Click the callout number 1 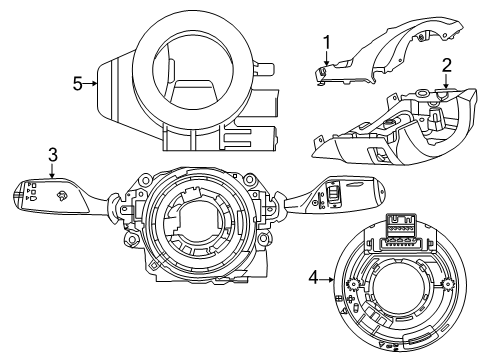click(x=327, y=43)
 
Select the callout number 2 click(x=447, y=66)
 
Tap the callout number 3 click(x=53, y=155)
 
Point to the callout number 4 click(x=314, y=277)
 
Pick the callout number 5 click(x=78, y=84)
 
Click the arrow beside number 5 click(x=90, y=84)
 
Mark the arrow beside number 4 click(x=327, y=279)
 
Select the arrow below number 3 click(x=52, y=171)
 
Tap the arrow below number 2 click(x=446, y=81)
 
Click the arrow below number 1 click(x=327, y=58)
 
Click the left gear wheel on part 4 click(x=352, y=285)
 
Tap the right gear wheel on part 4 click(x=446, y=284)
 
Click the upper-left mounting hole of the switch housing click(x=146, y=180)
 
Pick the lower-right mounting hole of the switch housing click(x=263, y=238)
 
